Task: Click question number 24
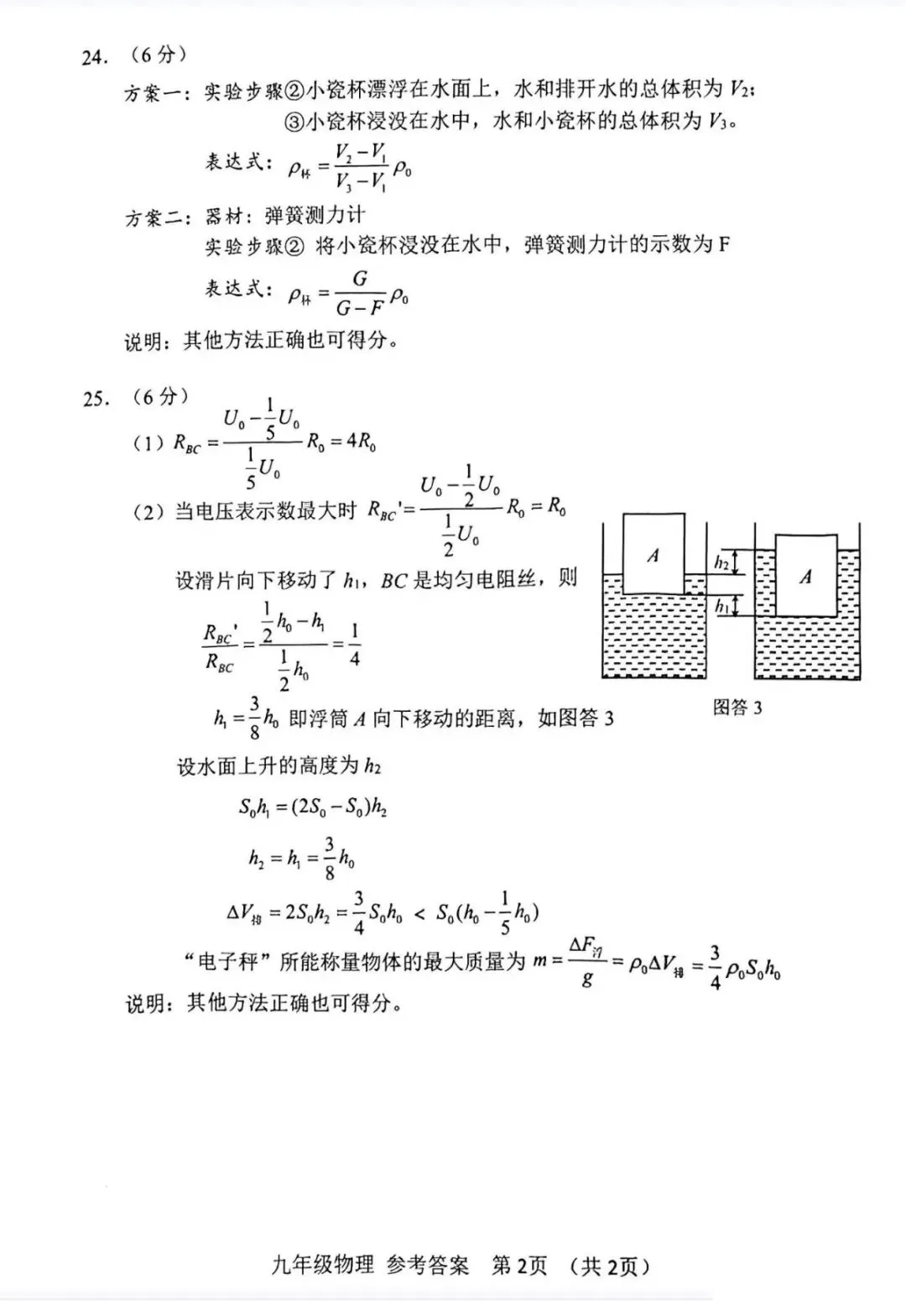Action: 95,58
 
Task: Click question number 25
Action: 96,398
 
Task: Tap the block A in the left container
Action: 653,555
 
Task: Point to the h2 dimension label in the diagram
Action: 721,562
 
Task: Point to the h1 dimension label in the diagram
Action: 721,605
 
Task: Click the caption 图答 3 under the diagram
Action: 737,708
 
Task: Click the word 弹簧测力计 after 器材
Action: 315,216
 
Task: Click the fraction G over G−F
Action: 359,294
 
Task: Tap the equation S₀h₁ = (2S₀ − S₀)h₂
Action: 313,807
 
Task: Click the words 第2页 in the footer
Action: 518,1265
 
